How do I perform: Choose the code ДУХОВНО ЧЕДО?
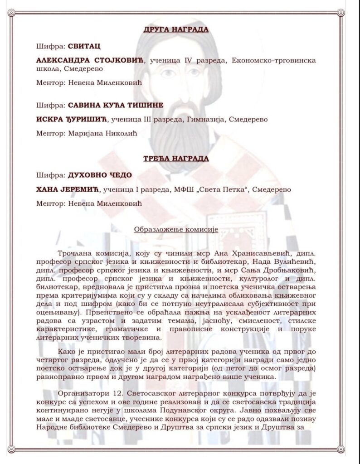[x=100, y=175]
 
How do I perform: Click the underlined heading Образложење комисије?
[x=176, y=229]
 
